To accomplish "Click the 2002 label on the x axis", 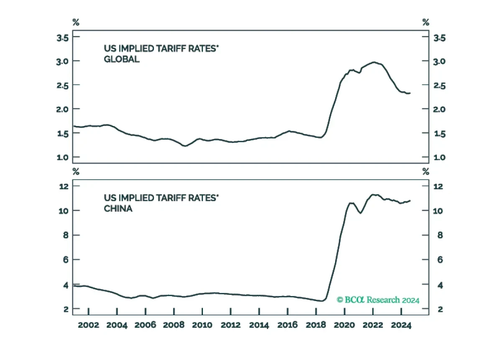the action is [x=88, y=325].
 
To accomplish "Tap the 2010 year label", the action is [x=202, y=325].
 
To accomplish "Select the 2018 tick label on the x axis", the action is [x=316, y=325].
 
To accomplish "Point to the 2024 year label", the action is [x=401, y=325].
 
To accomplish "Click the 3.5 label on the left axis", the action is [x=62, y=38].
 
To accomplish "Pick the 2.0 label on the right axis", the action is [x=439, y=109].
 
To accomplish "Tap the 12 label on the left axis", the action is [x=64, y=186].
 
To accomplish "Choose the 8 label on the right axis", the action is [x=440, y=235].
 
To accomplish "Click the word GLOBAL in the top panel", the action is [x=122, y=59].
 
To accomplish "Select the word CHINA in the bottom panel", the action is [x=118, y=208].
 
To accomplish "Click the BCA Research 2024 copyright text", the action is [x=378, y=300].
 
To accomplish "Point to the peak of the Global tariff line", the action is [x=374, y=62].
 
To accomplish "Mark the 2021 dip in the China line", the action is [x=361, y=213].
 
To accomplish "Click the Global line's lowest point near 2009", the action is [x=185, y=146].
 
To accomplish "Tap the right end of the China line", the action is [x=410, y=201].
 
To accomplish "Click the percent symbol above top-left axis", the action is [x=76, y=22].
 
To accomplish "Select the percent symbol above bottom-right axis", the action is [x=425, y=172].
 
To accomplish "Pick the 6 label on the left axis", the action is [x=65, y=260].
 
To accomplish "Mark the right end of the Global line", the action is [x=410, y=93].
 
